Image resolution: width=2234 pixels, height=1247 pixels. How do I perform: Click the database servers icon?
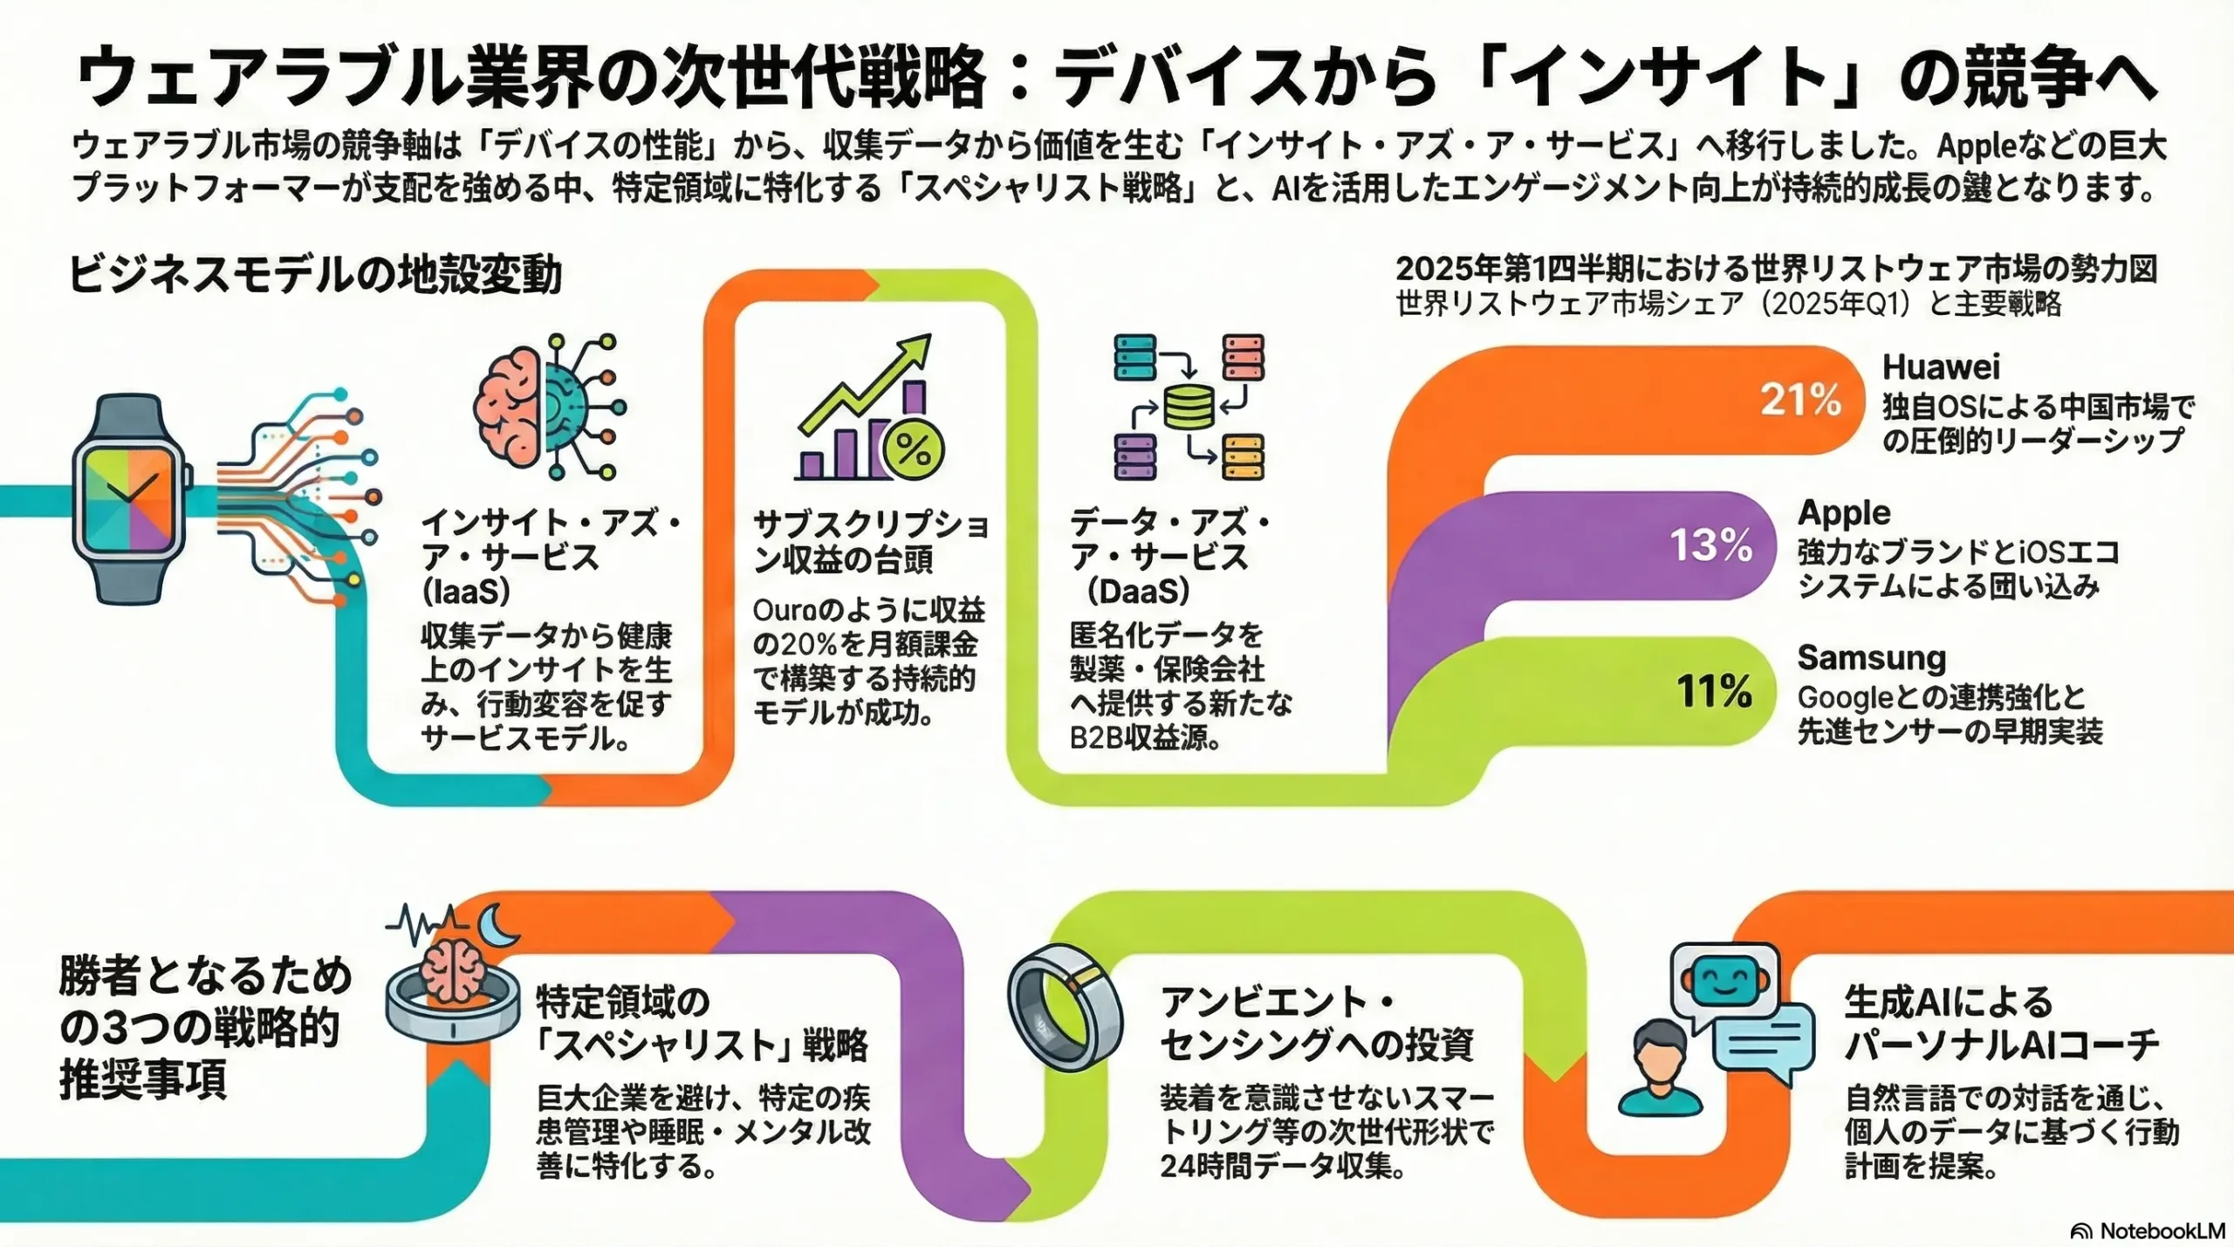pos(1189,407)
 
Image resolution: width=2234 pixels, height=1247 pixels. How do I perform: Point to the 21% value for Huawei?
pos(1800,400)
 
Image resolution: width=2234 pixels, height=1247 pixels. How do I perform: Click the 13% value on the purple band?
pos(1710,545)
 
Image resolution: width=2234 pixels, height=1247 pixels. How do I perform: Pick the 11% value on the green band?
pos(1713,691)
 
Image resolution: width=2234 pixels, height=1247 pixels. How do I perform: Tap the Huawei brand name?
pos(1941,367)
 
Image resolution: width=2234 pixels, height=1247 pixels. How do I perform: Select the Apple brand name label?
pos(1844,512)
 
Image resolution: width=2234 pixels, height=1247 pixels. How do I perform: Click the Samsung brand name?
pos(1871,657)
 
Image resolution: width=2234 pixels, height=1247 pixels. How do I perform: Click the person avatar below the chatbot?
pos(1660,1069)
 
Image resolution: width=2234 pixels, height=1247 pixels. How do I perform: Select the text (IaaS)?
pos(466,593)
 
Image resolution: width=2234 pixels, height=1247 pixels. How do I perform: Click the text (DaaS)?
pos(1138,593)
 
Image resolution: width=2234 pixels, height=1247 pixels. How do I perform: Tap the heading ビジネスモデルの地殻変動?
pos(314,275)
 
